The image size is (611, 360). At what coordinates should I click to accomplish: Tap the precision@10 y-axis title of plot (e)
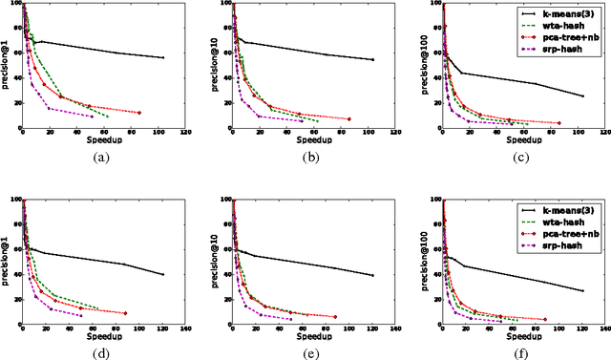[217, 260]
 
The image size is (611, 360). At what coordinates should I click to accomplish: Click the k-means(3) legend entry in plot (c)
[564, 14]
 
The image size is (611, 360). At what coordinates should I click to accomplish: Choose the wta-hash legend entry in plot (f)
[560, 221]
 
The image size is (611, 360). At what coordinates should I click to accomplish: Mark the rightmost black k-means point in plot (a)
[163, 58]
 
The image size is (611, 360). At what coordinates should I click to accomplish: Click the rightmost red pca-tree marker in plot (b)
[349, 118]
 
